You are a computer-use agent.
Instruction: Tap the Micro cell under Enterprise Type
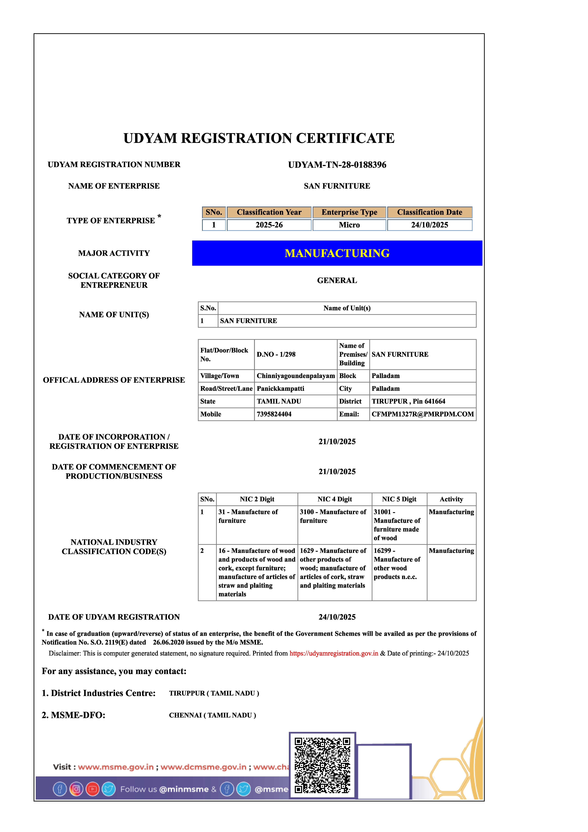349,225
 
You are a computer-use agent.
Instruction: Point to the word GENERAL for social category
337,280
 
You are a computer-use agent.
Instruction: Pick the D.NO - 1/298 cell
276,354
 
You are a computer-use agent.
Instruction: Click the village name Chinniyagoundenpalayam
296,376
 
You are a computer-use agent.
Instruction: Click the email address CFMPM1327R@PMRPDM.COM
422,414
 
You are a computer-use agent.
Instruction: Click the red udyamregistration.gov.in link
334,653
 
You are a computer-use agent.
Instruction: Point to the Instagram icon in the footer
76,789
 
